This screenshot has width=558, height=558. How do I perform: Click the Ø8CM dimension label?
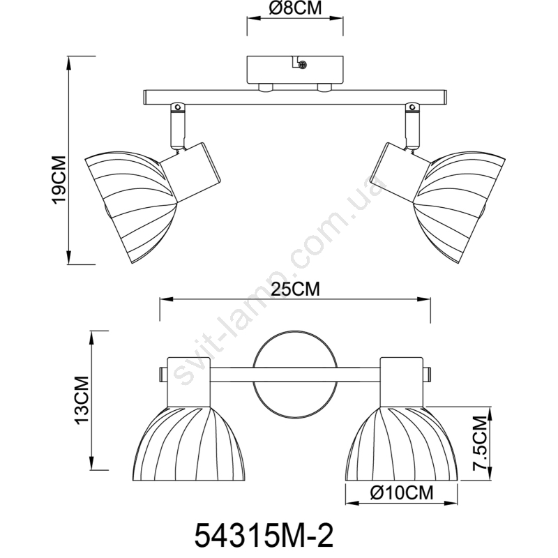(295, 8)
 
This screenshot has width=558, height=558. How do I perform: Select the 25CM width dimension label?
(295, 289)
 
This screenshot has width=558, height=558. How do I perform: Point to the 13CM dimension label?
(82, 400)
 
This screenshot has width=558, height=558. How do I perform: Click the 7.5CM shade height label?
(479, 444)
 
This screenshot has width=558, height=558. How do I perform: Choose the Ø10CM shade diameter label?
(401, 493)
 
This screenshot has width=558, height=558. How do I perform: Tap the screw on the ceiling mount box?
(303, 65)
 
